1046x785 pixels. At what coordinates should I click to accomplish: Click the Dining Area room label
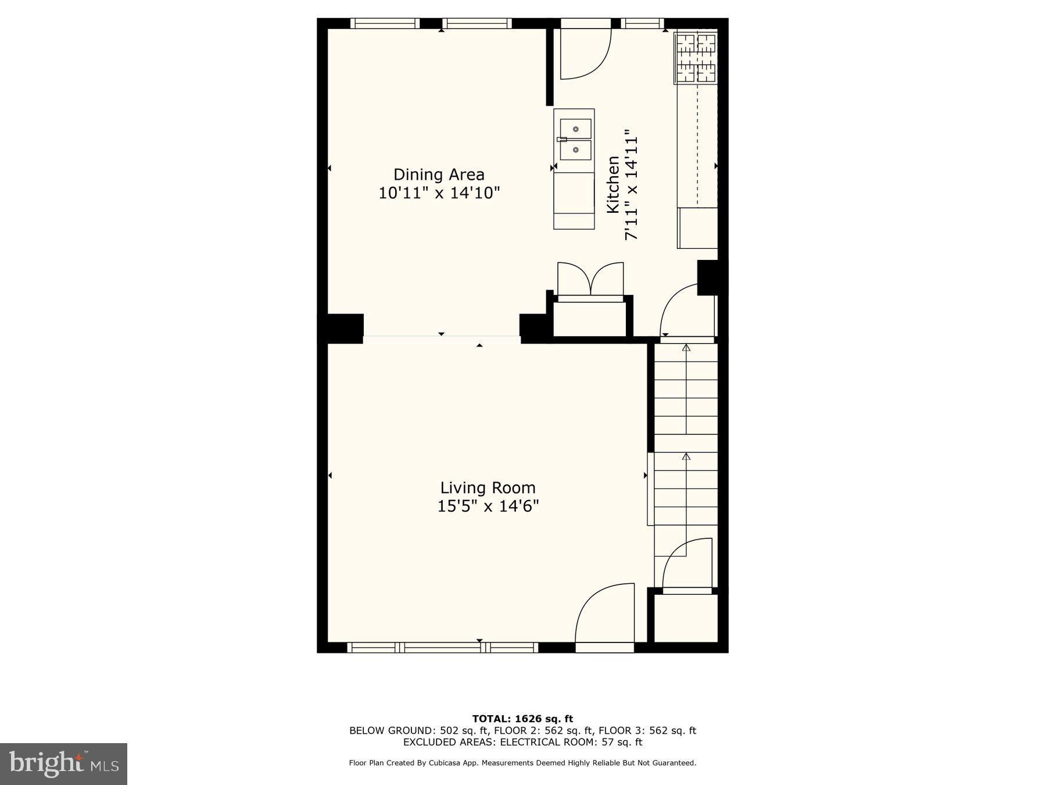[x=439, y=174]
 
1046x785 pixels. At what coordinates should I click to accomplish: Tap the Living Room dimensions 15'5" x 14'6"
[x=488, y=506]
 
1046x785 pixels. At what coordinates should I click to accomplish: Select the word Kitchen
[x=613, y=184]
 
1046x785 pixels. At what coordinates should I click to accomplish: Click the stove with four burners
[x=696, y=58]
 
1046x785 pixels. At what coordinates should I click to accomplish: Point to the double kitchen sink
[x=575, y=140]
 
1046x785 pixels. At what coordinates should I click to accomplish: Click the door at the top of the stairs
[x=686, y=311]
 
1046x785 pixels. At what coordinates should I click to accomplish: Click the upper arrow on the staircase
[x=686, y=349]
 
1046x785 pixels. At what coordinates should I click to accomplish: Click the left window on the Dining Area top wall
[x=385, y=24]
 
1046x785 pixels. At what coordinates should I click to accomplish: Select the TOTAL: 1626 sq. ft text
[x=522, y=719]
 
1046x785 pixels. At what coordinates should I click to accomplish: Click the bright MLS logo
[x=63, y=763]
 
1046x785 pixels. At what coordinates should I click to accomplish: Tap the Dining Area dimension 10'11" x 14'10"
[x=439, y=193]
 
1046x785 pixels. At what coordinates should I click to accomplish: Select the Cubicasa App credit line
[x=522, y=763]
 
